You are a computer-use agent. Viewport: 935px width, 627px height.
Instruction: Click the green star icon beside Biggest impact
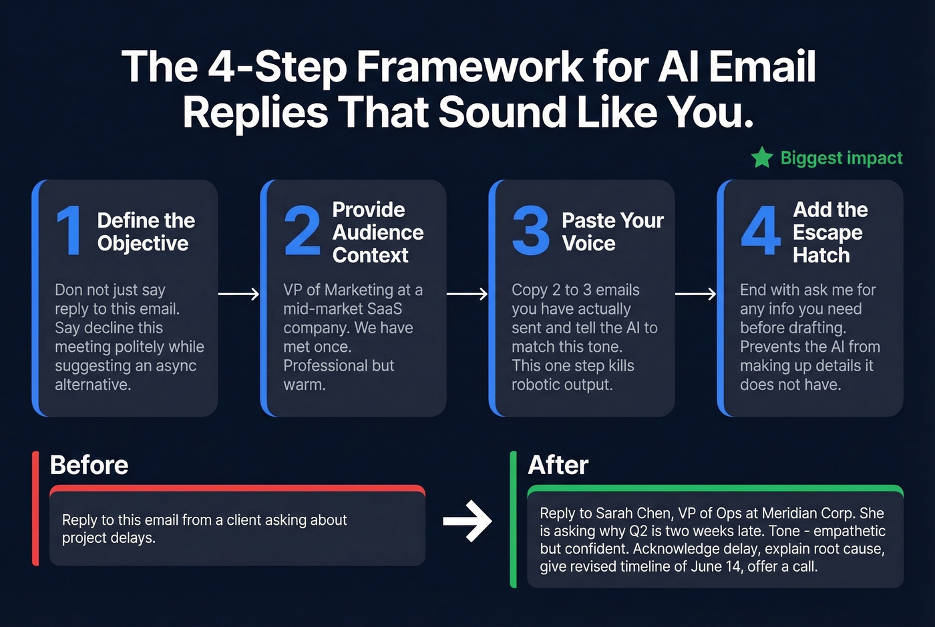(x=761, y=158)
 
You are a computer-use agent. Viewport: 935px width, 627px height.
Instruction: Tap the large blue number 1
(x=69, y=231)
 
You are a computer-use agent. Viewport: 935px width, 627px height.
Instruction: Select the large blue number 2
(x=302, y=231)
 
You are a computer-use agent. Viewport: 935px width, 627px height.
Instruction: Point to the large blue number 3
(x=531, y=231)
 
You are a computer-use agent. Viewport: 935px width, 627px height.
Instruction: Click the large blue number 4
(x=761, y=231)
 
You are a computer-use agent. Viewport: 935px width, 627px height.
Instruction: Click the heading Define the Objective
(x=146, y=232)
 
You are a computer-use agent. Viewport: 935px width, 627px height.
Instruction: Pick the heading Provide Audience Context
(x=377, y=232)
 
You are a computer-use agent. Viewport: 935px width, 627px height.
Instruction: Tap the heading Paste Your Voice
(x=612, y=232)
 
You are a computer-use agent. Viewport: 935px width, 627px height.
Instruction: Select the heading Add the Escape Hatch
(x=829, y=232)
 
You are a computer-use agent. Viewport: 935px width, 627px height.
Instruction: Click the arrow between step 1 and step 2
(x=238, y=294)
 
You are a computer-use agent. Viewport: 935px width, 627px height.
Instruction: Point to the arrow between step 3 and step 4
(x=695, y=294)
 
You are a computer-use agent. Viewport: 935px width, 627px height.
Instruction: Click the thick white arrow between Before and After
(x=467, y=521)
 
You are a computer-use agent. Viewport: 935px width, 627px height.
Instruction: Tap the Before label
(x=89, y=465)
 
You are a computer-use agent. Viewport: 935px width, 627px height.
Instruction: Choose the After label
(x=558, y=465)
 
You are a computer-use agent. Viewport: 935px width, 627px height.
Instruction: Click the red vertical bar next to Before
(x=35, y=509)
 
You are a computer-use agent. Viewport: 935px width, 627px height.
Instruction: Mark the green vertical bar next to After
(x=513, y=519)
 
